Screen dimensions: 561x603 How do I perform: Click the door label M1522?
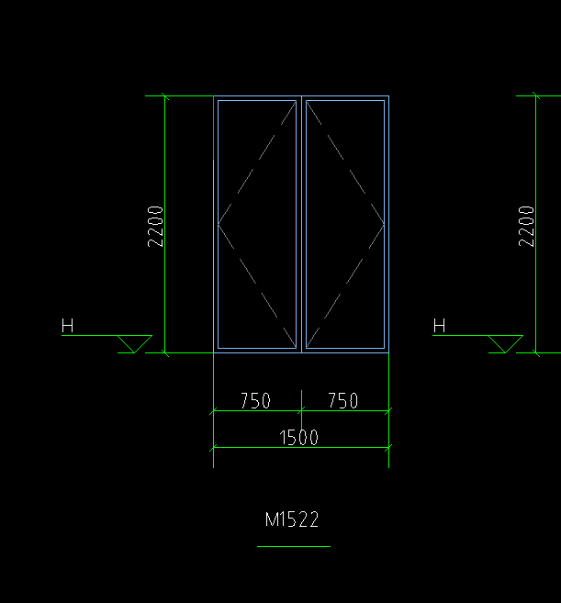pyautogui.click(x=292, y=519)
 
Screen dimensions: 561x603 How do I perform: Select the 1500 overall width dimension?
pyautogui.click(x=299, y=438)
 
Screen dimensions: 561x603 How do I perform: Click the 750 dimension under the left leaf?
pyautogui.click(x=255, y=400)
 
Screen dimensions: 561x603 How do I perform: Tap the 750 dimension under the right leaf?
pyautogui.click(x=343, y=400)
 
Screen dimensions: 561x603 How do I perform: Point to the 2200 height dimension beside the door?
pyautogui.click(x=155, y=226)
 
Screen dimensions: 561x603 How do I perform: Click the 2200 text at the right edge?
pyautogui.click(x=526, y=226)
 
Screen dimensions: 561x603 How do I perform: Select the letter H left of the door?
pyautogui.click(x=67, y=325)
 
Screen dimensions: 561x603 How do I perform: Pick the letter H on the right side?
pyautogui.click(x=439, y=325)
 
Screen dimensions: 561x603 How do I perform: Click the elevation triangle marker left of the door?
pyautogui.click(x=135, y=344)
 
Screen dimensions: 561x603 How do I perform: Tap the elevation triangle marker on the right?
pyautogui.click(x=506, y=344)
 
